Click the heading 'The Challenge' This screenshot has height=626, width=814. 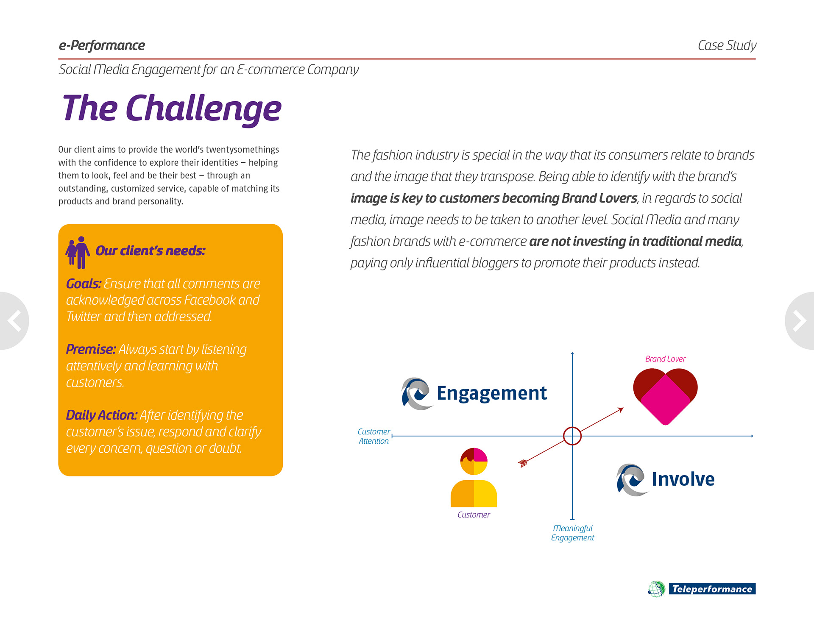172,109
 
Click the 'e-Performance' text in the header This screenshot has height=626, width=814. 102,45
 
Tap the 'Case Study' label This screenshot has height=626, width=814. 727,45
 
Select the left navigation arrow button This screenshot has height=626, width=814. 14,321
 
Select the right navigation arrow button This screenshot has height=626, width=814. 800,321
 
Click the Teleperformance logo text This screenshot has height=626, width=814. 712,589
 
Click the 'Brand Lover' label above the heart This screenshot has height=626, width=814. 665,359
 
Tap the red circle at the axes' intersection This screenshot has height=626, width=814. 572,436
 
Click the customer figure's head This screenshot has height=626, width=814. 474,461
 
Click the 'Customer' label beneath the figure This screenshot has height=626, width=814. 474,515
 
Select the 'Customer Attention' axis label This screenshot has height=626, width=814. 374,436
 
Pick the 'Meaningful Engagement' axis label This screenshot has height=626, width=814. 573,533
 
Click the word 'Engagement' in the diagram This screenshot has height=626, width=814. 492,393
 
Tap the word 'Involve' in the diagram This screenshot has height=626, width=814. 683,479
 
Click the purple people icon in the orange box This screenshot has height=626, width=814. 78,252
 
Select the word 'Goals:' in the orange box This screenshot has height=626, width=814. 84,284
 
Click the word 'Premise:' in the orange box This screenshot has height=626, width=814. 91,349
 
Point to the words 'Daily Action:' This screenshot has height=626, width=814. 101,415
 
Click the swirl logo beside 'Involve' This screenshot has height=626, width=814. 631,480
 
